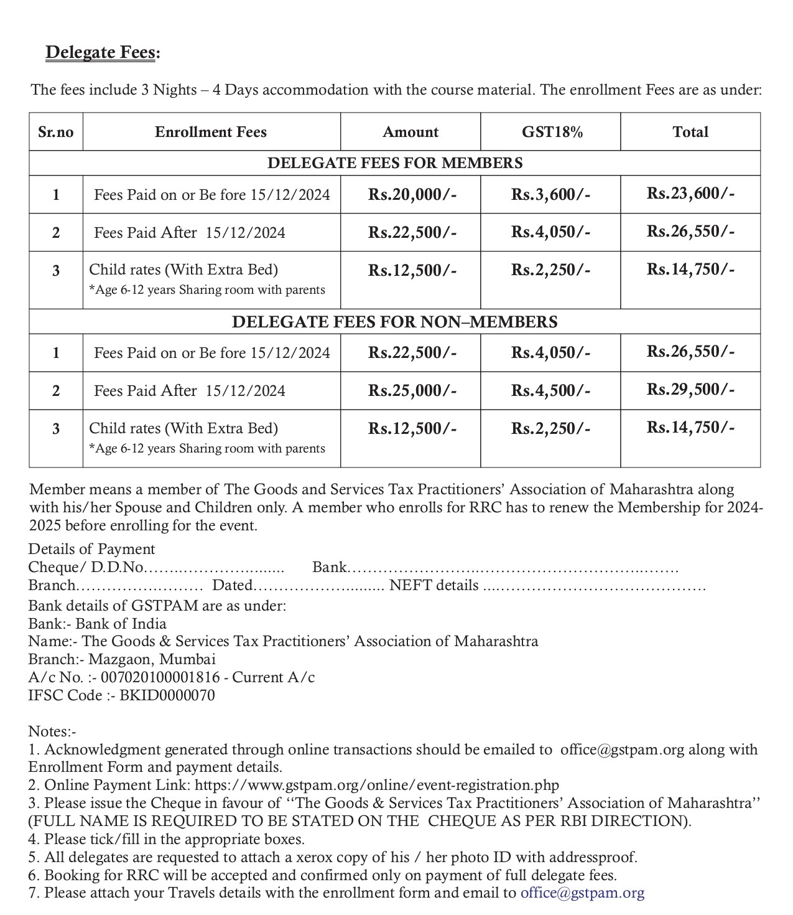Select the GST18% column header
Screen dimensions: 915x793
coord(552,132)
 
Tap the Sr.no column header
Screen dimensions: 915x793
coord(56,132)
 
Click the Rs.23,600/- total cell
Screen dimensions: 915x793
coord(690,194)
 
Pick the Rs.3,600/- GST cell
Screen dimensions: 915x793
coord(550,195)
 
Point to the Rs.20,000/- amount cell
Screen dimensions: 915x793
coord(412,195)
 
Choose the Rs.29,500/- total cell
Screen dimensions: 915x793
coord(690,390)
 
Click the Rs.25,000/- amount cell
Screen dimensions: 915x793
coord(412,391)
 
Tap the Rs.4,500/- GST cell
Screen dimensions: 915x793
coord(550,391)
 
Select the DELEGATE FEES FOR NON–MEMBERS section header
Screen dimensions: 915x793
coord(394,322)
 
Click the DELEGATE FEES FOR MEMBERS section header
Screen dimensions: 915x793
coord(394,163)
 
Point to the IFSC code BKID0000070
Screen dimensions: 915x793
coord(167,695)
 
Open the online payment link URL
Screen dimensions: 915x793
coord(377,786)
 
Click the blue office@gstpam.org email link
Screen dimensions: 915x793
coord(582,893)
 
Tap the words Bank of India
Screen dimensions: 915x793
coord(121,624)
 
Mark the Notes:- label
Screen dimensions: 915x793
coord(52,732)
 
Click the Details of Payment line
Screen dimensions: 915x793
coord(91,549)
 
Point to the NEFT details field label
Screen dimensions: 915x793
coord(434,586)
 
